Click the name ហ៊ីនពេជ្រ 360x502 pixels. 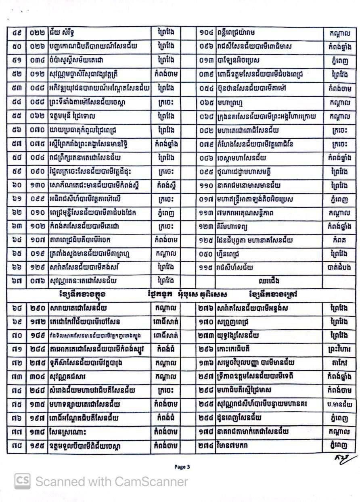click(x=224, y=254)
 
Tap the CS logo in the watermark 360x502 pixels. click(x=23, y=481)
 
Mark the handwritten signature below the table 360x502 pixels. click(x=346, y=460)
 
